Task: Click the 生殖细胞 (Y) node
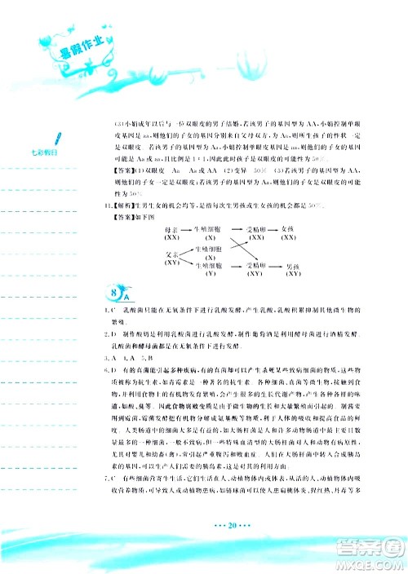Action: (x=211, y=270)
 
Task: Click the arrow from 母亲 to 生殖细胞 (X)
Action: (x=188, y=232)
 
